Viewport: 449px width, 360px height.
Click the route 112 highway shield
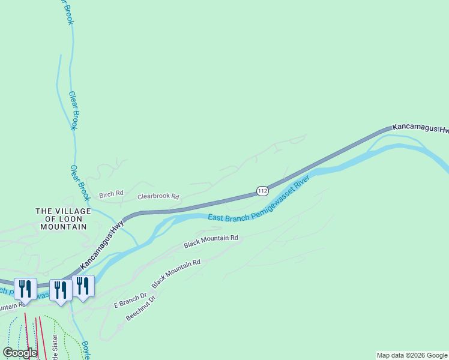(x=262, y=191)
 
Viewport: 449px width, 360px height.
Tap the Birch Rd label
(x=111, y=194)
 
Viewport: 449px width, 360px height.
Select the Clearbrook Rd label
(x=158, y=196)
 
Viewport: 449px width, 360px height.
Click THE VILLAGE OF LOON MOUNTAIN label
(x=63, y=219)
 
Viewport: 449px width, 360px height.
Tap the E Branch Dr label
(x=130, y=301)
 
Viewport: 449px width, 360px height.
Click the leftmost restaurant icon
(x=25, y=289)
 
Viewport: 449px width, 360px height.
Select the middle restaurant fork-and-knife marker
(x=61, y=290)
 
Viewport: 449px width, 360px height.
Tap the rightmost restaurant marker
(x=83, y=287)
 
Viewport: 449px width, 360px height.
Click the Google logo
(x=20, y=353)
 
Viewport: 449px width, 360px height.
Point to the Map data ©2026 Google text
(x=412, y=355)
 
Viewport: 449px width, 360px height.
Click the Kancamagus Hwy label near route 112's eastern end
(x=420, y=128)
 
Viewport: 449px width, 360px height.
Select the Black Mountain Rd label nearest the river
(x=211, y=241)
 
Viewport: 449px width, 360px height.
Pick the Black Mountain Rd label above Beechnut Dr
(x=175, y=274)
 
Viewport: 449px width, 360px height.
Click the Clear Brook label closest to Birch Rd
(x=79, y=182)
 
